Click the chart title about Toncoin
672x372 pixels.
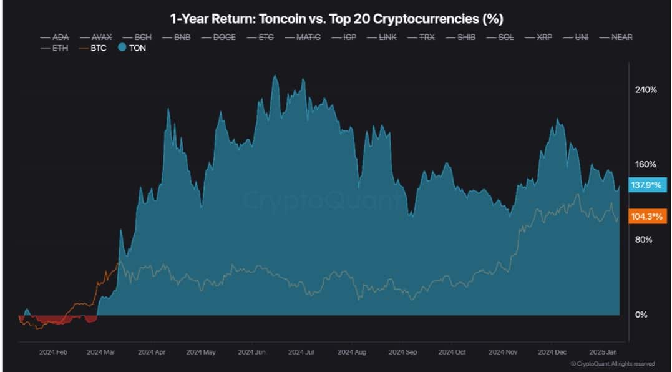tap(336, 17)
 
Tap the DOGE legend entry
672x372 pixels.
tap(224, 37)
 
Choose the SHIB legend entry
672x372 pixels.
tap(465, 37)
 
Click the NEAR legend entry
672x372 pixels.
tap(621, 37)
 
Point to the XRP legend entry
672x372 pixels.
tap(543, 37)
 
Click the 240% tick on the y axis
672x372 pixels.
tap(645, 90)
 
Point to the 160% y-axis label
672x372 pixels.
tap(645, 165)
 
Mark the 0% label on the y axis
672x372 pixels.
tap(641, 315)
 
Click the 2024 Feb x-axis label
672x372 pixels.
tap(53, 352)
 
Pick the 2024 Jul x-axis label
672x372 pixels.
tap(302, 352)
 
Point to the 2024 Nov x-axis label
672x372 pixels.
tap(503, 352)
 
